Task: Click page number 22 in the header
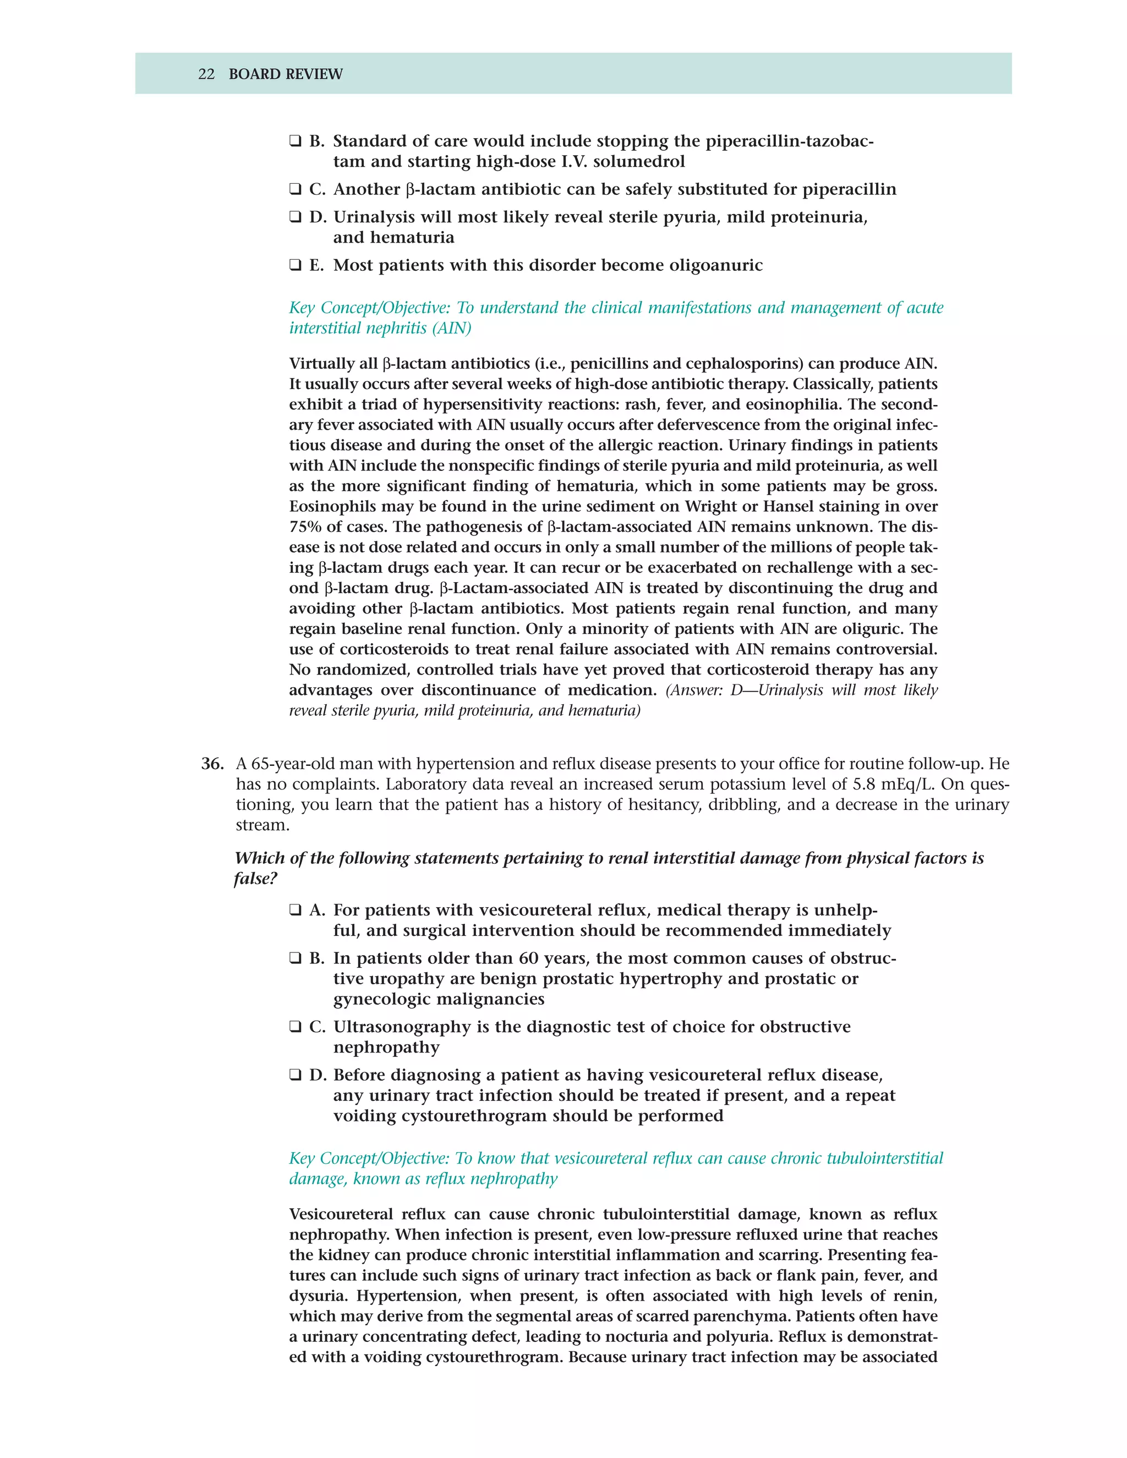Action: coord(206,74)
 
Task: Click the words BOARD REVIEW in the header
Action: coord(285,74)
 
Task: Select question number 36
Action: coord(212,764)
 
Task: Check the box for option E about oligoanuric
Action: coord(295,265)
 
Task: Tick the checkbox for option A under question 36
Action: coord(295,910)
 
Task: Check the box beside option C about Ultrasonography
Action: coord(295,1026)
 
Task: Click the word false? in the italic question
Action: coord(255,879)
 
